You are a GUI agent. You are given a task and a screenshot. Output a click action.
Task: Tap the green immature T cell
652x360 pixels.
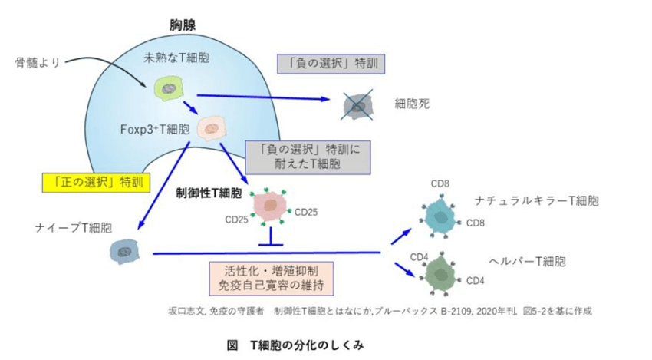point(166,88)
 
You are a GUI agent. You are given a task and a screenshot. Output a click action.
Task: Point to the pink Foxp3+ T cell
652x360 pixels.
point(210,127)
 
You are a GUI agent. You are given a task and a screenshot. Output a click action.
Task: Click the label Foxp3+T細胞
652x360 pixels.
point(155,128)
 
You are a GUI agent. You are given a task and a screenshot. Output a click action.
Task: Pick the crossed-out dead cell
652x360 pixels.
point(357,105)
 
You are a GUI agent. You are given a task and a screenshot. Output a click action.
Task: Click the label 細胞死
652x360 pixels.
point(412,103)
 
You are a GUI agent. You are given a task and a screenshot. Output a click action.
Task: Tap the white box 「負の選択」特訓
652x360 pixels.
point(331,63)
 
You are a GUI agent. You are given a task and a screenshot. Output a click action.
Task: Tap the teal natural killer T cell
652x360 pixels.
point(440,215)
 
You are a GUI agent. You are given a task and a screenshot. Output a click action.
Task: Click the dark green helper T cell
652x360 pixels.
point(440,272)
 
